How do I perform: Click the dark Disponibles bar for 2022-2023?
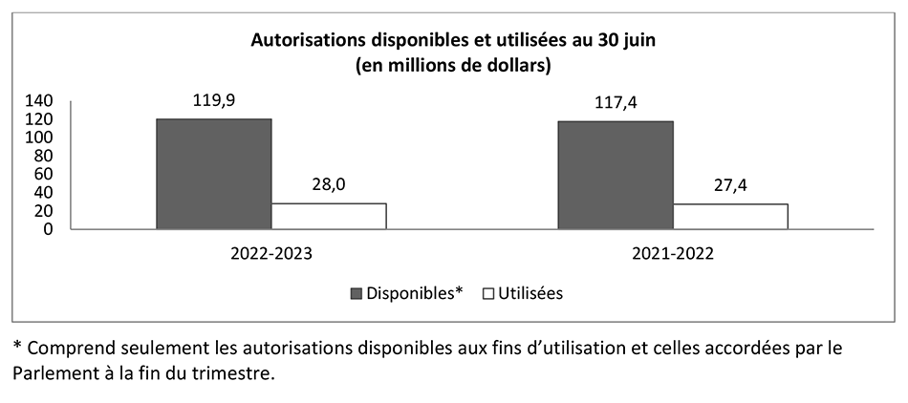[x=213, y=174]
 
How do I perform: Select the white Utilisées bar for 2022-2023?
[x=329, y=216]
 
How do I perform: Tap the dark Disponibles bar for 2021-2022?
[x=616, y=175]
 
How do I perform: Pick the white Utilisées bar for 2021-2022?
[x=730, y=217]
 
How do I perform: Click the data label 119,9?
[x=214, y=99]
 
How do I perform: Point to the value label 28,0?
[x=329, y=185]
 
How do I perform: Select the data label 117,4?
[x=616, y=102]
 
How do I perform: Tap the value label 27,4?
[x=730, y=186]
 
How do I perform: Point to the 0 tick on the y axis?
[x=59, y=229]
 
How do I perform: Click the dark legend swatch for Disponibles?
[x=358, y=293]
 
